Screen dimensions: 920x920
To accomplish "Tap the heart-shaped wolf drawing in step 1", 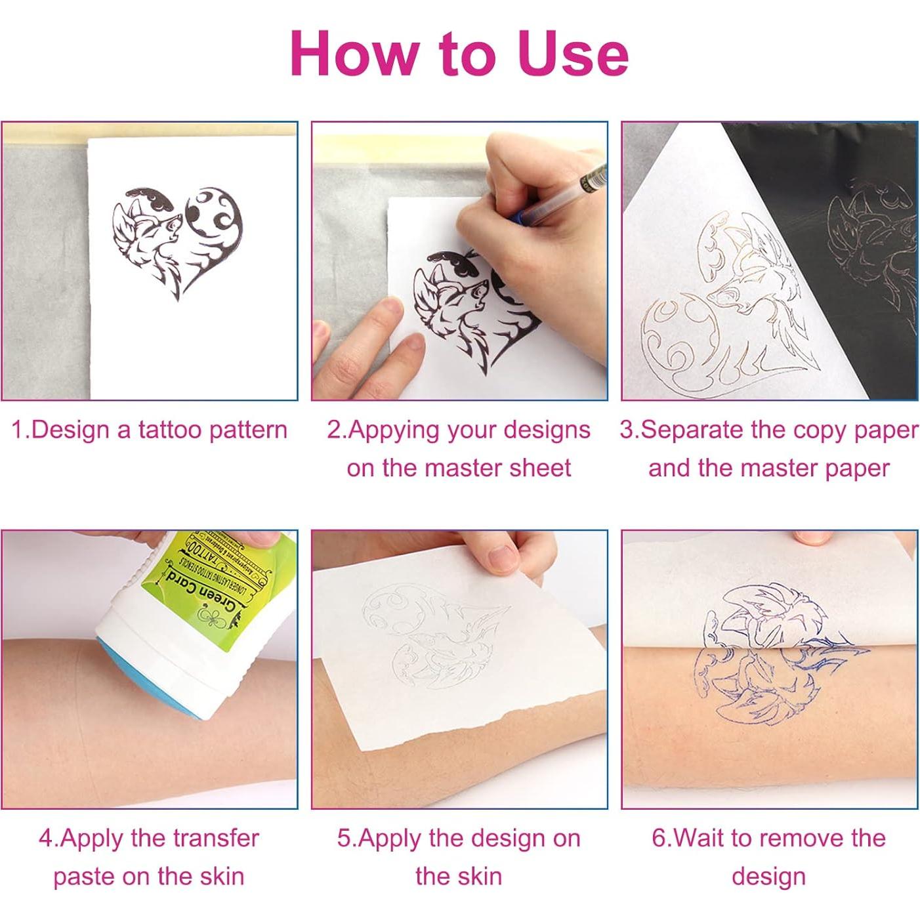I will coord(177,243).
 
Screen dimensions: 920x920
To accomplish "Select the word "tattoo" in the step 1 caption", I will coord(169,430).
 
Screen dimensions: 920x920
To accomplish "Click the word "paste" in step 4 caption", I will coord(83,877).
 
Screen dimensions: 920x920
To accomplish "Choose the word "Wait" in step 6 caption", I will coord(698,839).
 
